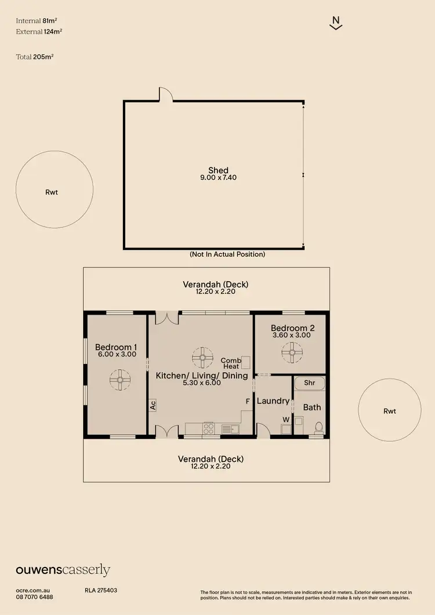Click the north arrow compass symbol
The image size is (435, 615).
point(335,23)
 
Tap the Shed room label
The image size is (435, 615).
point(214,170)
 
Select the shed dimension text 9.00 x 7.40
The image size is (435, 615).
point(214,177)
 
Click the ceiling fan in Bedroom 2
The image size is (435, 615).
point(292,351)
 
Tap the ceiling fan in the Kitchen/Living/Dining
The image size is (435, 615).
point(202,358)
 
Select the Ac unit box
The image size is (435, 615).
point(153,405)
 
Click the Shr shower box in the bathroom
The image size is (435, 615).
point(310,383)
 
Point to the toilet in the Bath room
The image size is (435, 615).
point(317,428)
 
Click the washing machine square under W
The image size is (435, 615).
point(285,430)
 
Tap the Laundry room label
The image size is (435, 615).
point(273,401)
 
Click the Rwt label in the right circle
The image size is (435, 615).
point(390,411)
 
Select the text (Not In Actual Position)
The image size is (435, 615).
point(227,254)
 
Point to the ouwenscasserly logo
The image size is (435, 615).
point(63,570)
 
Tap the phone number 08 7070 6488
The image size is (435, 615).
point(35,596)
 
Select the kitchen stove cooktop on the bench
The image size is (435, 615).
point(208,429)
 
